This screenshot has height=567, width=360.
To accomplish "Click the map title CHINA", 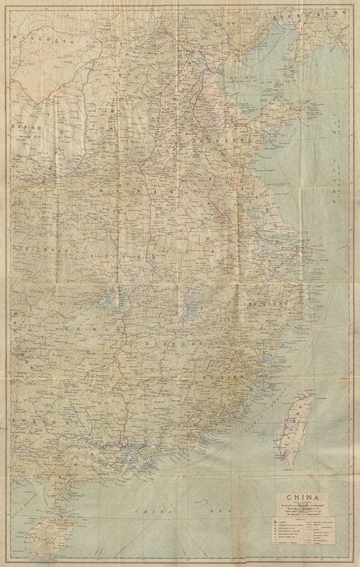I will (x=301, y=498).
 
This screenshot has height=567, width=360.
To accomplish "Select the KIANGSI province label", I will (x=165, y=343).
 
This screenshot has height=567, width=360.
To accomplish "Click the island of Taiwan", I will (x=294, y=430).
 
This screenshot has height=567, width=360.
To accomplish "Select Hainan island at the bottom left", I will (x=49, y=536).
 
